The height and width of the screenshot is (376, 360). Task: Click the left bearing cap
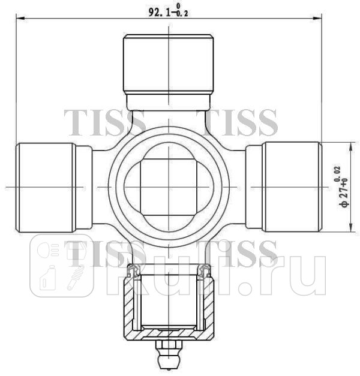point(46,187)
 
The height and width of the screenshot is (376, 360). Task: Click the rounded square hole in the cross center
point(169,187)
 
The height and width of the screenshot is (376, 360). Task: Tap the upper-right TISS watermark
point(241,123)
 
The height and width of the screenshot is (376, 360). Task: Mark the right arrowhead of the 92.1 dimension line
point(319,19)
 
